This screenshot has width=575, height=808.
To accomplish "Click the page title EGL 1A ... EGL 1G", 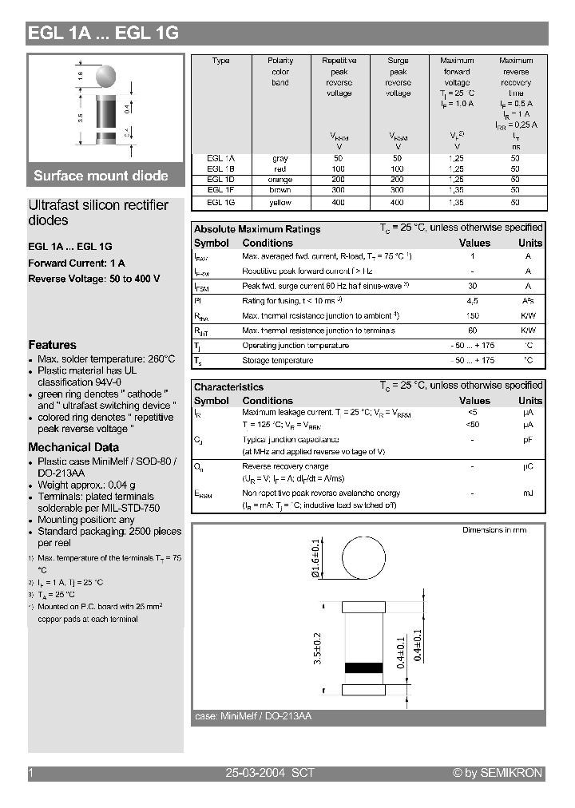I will [x=104, y=34].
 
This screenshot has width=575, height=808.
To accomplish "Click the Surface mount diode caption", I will [x=101, y=176].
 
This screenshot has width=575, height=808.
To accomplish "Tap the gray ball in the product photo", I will [x=106, y=75].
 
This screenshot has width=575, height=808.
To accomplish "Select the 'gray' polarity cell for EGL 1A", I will [x=280, y=158].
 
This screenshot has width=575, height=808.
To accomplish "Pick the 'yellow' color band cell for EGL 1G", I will [x=280, y=203].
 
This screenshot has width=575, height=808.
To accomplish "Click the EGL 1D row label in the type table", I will [x=220, y=180].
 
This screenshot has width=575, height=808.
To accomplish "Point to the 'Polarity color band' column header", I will [x=280, y=72].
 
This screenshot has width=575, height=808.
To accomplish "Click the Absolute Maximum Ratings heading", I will [x=257, y=229].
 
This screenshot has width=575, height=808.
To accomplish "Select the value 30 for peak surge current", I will [x=473, y=286].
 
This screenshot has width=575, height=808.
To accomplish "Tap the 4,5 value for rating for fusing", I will [x=473, y=301].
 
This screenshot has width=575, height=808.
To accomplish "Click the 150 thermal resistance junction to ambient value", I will [x=473, y=316].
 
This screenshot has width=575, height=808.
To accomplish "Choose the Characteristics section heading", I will [x=228, y=387].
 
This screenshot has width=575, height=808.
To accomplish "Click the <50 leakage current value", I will [x=473, y=425].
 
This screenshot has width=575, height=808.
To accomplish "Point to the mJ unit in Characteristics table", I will [x=528, y=493].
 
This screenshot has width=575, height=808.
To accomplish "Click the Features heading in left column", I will [x=53, y=345].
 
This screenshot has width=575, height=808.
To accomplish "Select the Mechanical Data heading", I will [x=73, y=447].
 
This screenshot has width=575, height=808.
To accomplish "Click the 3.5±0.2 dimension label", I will [x=317, y=648].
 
